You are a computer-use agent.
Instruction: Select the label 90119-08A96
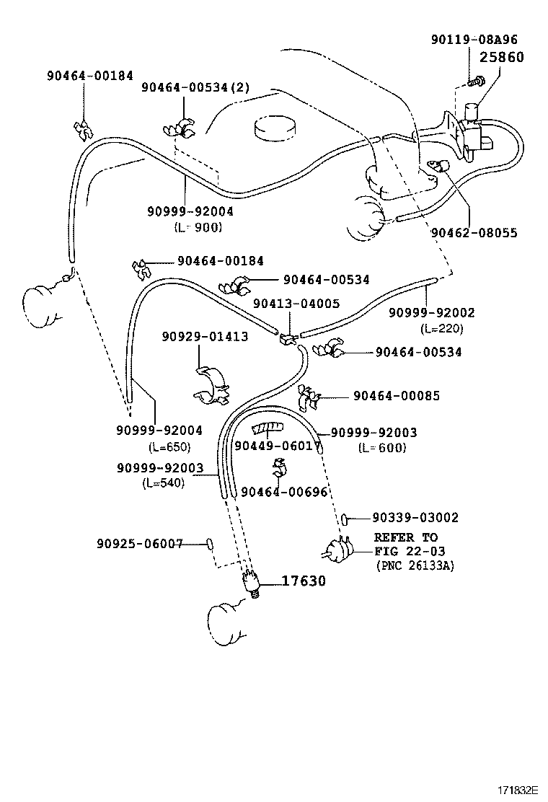485,40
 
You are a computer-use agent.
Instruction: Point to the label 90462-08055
474,233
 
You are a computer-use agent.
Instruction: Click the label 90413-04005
296,304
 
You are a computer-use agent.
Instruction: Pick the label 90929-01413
205,336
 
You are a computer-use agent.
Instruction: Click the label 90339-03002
415,518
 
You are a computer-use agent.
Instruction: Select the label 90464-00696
285,492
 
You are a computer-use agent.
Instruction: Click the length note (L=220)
442,328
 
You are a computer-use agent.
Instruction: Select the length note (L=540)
164,482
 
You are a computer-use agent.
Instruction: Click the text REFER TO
406,537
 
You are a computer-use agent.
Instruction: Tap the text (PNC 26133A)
415,566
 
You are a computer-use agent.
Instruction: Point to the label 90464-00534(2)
195,87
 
